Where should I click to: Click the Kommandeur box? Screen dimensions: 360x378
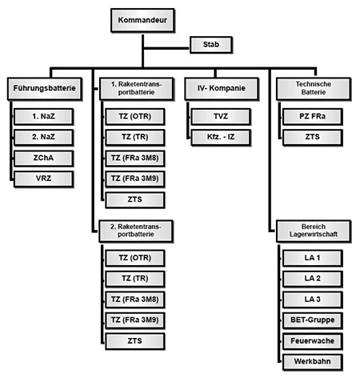click(142, 20)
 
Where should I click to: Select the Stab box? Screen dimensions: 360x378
click(211, 45)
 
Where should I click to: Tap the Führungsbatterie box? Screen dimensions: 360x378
click(45, 89)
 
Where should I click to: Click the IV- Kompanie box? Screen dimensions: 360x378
click(222, 89)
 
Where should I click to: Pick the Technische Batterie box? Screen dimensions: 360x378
click(314, 89)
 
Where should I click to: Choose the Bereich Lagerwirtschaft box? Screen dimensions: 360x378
click(314, 231)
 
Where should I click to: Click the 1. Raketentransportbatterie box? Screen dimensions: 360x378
click(137, 89)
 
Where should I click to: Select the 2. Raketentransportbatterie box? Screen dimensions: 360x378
click(136, 231)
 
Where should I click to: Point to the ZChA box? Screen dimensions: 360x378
click(43, 159)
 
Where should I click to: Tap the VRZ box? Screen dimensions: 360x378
click(43, 179)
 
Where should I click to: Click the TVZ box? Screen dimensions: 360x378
click(221, 117)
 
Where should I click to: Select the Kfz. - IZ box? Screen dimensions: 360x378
click(221, 138)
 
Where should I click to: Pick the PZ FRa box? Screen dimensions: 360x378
click(313, 117)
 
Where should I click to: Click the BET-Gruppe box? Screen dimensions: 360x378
click(313, 320)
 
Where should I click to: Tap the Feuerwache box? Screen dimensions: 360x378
click(313, 341)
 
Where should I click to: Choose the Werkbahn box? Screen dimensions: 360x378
click(313, 362)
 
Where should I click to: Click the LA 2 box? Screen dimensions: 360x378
click(313, 279)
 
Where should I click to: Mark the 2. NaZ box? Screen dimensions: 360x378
click(43, 138)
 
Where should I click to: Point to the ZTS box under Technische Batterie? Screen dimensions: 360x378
click(313, 138)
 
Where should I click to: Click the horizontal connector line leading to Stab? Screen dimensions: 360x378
click(166, 48)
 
